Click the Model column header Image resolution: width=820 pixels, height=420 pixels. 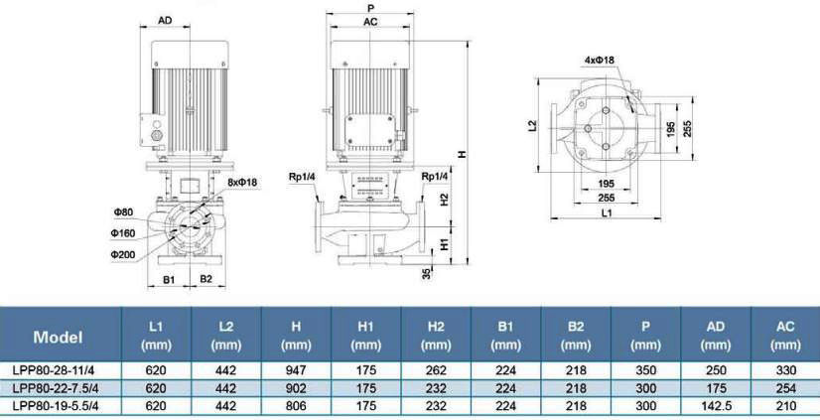[58, 336]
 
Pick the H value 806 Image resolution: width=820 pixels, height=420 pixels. [295, 405]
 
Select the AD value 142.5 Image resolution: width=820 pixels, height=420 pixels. [715, 405]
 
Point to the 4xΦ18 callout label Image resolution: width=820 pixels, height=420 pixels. [600, 61]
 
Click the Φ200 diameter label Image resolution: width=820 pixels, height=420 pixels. [124, 255]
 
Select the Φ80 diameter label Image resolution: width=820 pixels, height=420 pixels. [122, 211]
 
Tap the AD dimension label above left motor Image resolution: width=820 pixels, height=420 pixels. [166, 20]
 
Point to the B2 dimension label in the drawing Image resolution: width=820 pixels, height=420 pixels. [205, 280]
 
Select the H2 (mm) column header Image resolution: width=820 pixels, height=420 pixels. [436, 336]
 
